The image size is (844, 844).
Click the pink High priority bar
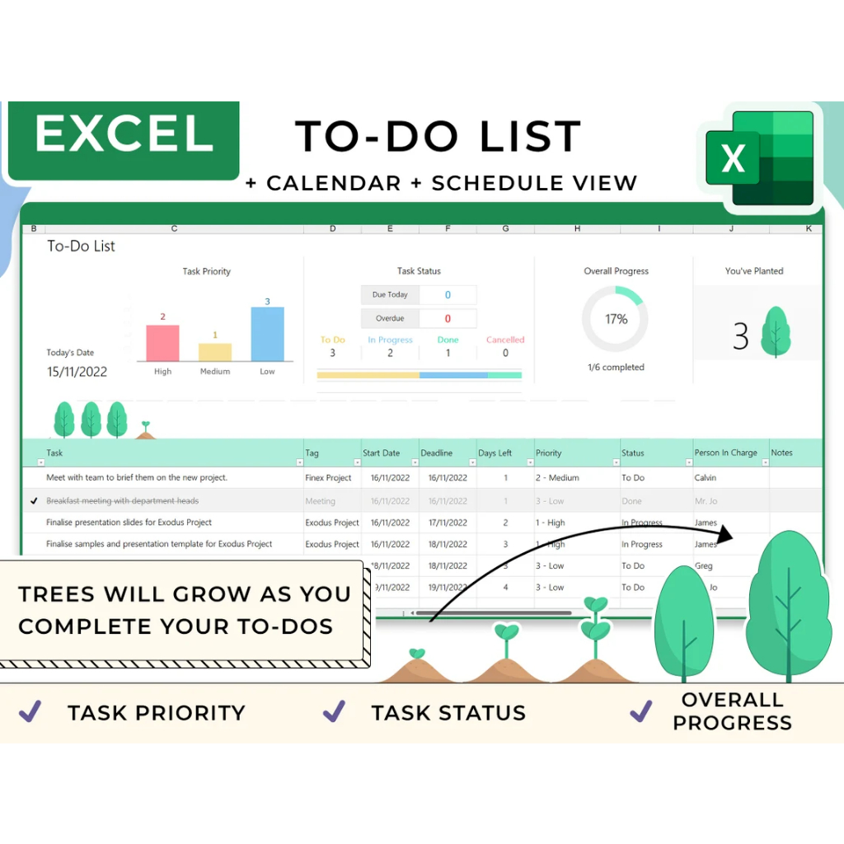pos(162,343)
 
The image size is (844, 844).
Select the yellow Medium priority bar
pos(215,352)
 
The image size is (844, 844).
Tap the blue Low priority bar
pos(267,334)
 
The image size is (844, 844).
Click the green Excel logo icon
pos(759,157)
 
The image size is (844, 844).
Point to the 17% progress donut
pos(616,319)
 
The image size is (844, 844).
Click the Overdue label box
pos(390,318)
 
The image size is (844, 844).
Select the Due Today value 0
pos(448,295)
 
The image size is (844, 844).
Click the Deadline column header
pos(437,452)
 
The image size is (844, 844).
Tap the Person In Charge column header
pos(725,452)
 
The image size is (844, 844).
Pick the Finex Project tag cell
pos(328,478)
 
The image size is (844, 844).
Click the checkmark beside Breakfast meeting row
pos(34,500)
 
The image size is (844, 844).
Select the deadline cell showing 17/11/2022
pos(448,523)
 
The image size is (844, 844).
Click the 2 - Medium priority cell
pos(557,478)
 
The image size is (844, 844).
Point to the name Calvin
pos(706,478)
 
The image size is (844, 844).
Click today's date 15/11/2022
pos(77,372)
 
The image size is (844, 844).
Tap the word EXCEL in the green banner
pos(124,134)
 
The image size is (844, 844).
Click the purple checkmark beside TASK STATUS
pos(334,711)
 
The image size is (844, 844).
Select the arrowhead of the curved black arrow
pos(725,534)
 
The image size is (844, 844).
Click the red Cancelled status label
pos(505,340)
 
